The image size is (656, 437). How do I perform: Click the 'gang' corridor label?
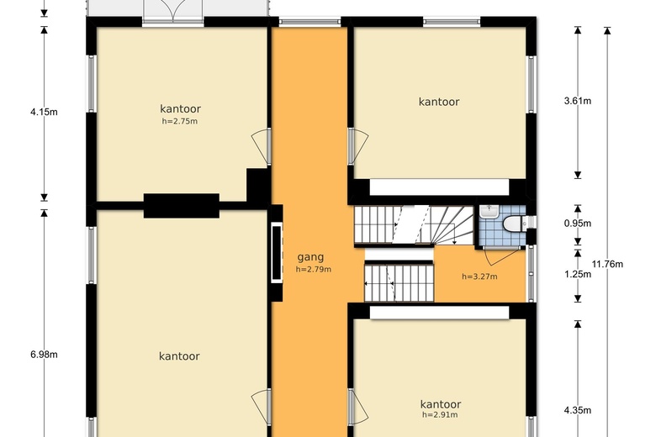coord(310,257)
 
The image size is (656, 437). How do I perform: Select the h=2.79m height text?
coord(313,270)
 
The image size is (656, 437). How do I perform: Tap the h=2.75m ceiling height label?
coord(180,121)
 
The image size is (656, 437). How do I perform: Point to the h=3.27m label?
coord(479,276)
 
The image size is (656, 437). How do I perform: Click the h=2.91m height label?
coord(440,414)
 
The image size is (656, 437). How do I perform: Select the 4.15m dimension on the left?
coord(44,111)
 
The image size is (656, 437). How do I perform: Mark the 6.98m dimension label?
coord(44,355)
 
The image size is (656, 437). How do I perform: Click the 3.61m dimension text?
coord(577,101)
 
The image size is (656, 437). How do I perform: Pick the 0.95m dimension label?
coord(577,224)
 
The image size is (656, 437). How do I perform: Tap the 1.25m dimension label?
coord(577,274)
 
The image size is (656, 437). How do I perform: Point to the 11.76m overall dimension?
coord(607,264)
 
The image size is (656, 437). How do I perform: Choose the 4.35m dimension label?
coord(577,410)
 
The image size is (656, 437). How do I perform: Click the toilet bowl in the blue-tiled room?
coord(512,224)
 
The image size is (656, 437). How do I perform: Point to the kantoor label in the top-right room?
coord(439,102)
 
